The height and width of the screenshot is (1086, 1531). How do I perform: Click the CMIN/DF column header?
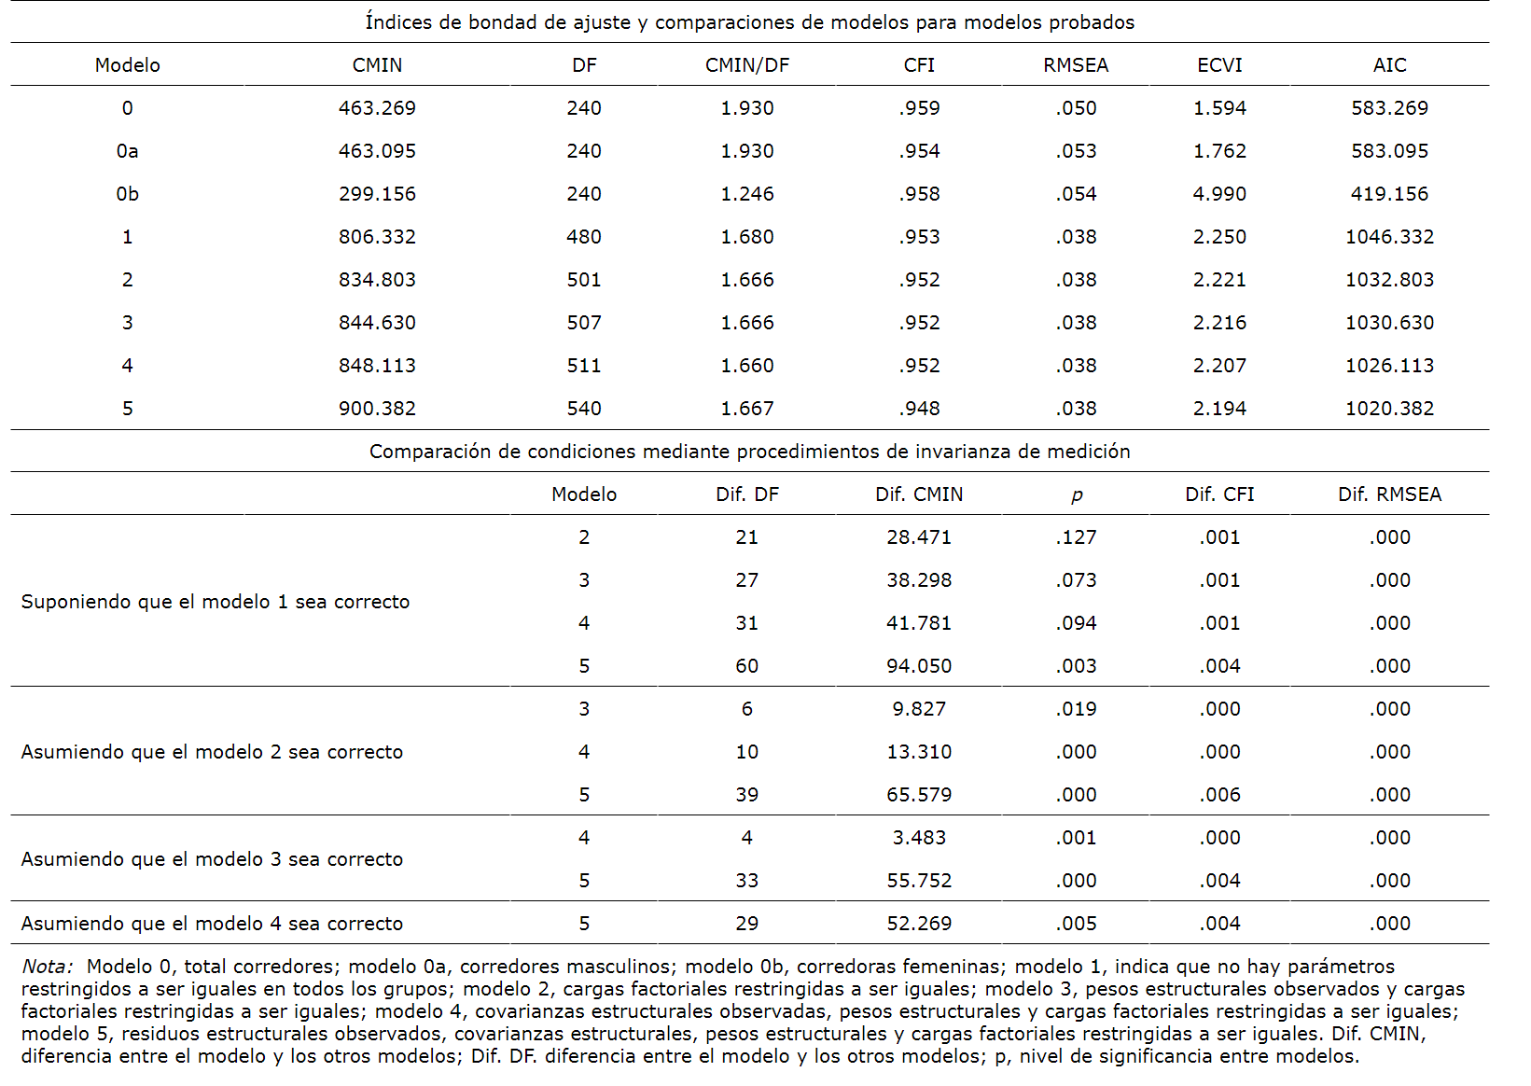(746, 65)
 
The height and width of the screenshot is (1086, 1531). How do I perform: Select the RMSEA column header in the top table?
(1076, 65)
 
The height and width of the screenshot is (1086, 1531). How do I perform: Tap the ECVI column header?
(1219, 65)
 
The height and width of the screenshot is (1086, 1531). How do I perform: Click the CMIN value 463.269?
(377, 108)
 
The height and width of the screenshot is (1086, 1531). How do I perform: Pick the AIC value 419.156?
(1389, 194)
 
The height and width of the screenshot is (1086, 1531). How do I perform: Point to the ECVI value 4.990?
(1219, 194)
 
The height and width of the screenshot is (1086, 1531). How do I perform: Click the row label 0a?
(127, 151)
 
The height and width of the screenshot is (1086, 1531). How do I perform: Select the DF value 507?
(584, 323)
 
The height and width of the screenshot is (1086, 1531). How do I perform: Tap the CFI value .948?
(919, 409)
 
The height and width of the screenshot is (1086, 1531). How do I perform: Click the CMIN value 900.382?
(377, 409)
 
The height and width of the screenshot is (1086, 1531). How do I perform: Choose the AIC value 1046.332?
(1389, 237)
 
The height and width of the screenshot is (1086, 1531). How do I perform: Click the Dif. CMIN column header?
(919, 494)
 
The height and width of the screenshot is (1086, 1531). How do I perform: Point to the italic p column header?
(1077, 495)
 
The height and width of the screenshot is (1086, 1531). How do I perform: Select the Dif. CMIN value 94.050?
(919, 666)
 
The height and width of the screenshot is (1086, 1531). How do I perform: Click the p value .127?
(1076, 537)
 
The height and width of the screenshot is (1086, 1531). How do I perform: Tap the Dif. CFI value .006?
(1219, 795)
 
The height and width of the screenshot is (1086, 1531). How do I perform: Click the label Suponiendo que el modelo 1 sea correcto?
(216, 602)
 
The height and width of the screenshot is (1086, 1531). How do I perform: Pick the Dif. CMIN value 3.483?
(919, 838)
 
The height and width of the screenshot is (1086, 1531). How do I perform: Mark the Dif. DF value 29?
(746, 924)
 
